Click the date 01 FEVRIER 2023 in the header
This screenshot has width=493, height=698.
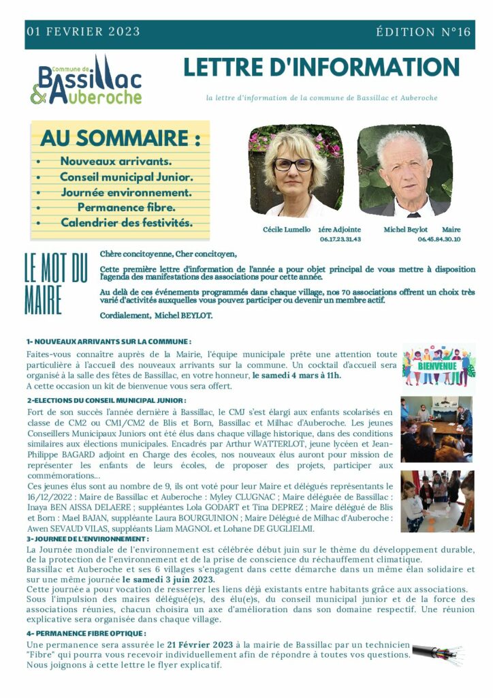pos(83,32)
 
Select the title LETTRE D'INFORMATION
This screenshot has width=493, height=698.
pos(321,67)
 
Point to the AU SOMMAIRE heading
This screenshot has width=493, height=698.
pos(121,138)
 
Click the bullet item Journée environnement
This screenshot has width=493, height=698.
pos(127,192)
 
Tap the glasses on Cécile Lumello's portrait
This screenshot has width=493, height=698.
pos(293,164)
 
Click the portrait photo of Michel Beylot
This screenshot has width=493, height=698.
pos(404,171)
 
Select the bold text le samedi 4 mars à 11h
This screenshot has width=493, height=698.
pos(297,376)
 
